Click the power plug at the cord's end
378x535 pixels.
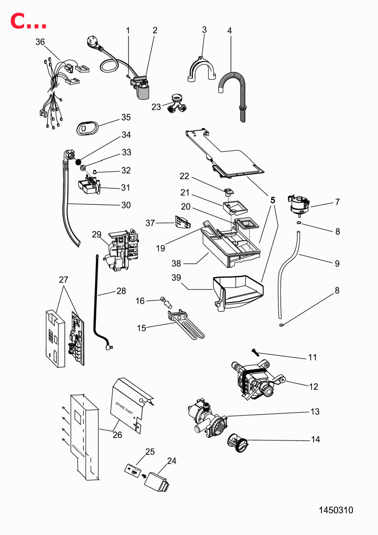click(x=93, y=42)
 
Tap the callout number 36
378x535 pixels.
click(x=40, y=42)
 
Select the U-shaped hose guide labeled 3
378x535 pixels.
click(x=202, y=69)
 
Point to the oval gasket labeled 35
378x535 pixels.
click(x=87, y=128)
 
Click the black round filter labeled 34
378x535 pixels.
click(x=78, y=162)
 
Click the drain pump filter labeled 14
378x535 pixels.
click(x=237, y=443)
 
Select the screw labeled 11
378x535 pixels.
click(x=255, y=352)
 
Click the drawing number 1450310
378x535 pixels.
click(x=336, y=510)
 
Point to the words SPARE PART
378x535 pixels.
click(x=124, y=408)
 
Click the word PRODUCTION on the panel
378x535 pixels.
click(x=78, y=451)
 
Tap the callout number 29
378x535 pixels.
click(x=97, y=234)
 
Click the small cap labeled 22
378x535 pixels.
click(x=229, y=191)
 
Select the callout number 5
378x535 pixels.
click(x=273, y=200)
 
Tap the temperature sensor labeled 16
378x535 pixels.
click(x=166, y=302)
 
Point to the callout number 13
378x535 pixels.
click(x=315, y=412)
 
